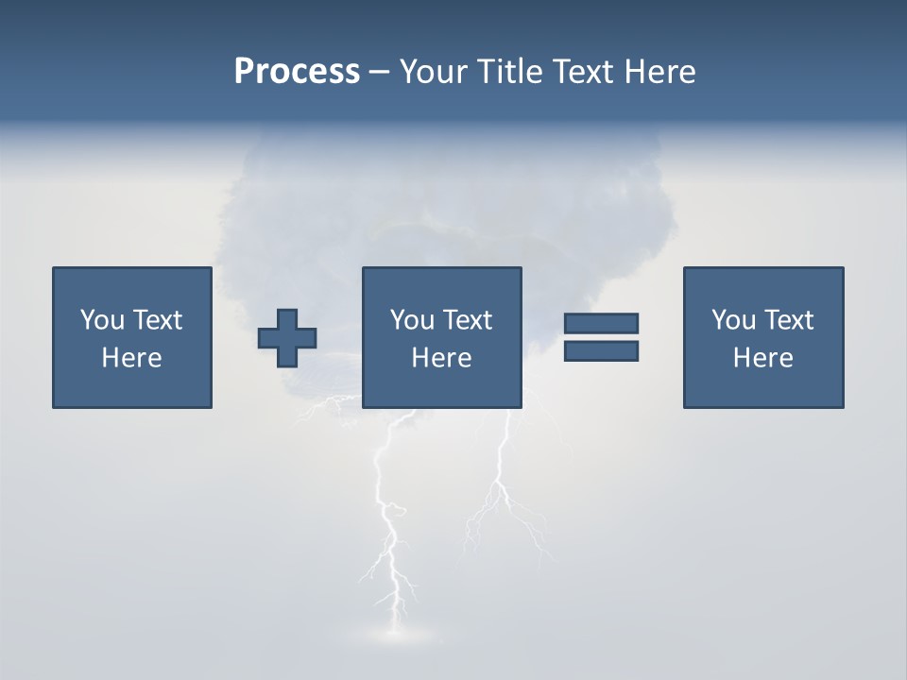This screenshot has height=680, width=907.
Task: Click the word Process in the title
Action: (297, 72)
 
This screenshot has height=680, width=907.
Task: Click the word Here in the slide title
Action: (659, 72)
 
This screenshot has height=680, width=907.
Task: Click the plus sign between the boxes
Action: (287, 338)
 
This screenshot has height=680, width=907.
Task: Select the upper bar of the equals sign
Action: (601, 324)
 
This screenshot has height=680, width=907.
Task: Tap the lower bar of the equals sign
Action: (601, 351)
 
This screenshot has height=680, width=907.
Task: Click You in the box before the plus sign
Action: (101, 320)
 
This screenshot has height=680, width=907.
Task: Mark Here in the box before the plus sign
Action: (131, 358)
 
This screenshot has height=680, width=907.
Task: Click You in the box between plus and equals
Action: (411, 320)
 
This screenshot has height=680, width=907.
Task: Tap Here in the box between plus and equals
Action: (441, 358)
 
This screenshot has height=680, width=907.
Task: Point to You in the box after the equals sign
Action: (732, 320)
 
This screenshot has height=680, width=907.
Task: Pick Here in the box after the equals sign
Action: (762, 358)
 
